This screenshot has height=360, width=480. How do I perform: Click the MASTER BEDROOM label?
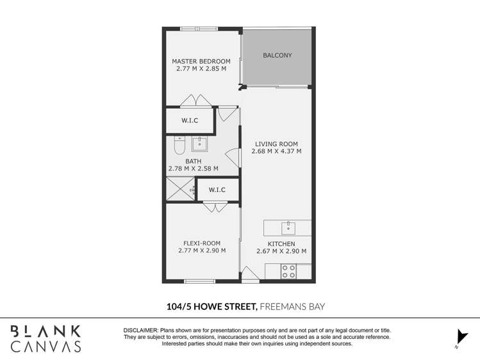(201, 61)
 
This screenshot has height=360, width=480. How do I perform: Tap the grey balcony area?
(277, 56)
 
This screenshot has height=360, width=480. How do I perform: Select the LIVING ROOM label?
(276, 144)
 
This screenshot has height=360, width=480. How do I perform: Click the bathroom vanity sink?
(199, 143)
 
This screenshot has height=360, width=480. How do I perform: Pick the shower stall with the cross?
(179, 190)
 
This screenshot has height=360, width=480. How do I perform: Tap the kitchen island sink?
(288, 227)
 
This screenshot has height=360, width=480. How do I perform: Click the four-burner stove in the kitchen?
(288, 272)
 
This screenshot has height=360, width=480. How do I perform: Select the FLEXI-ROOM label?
(202, 243)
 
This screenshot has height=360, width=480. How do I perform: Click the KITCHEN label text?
(281, 244)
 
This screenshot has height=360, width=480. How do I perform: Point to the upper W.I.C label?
(189, 120)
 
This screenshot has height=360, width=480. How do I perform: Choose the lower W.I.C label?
(217, 190)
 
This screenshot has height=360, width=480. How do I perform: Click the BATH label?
(193, 161)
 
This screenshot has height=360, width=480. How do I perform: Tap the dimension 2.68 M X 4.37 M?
(276, 152)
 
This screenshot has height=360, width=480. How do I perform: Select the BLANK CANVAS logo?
(46, 338)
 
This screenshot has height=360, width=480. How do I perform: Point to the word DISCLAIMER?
(144, 329)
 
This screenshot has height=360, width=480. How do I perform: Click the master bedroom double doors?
(195, 101)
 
